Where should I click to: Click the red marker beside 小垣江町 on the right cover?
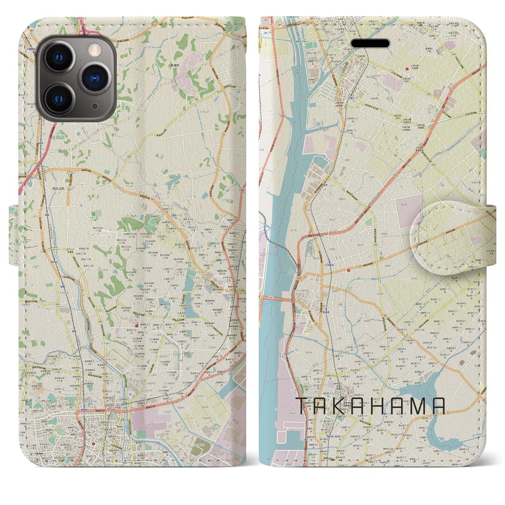407,69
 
